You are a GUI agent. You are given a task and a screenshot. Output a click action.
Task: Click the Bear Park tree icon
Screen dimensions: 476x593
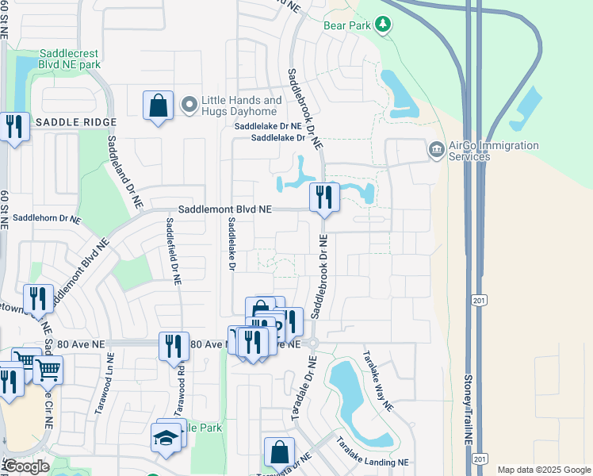pyautogui.click(x=384, y=25)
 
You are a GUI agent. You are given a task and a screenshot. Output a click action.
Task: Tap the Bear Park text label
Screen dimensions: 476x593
pyautogui.click(x=347, y=25)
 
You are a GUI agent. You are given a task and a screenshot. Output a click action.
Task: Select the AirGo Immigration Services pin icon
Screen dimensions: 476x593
pyautogui.click(x=436, y=149)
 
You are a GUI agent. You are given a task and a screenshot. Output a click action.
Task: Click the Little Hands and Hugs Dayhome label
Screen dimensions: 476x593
pyautogui.click(x=241, y=106)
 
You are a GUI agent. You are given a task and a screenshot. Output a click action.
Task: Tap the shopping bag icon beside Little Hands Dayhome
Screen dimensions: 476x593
pyautogui.click(x=158, y=106)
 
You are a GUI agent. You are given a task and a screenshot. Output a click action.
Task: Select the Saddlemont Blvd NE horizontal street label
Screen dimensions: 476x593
pyautogui.click(x=224, y=209)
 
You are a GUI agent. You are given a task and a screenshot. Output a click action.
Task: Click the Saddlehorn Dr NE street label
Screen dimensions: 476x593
pyautogui.click(x=47, y=217)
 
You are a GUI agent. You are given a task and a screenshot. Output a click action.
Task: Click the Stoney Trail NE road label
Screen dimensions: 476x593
pyautogui.click(x=469, y=409)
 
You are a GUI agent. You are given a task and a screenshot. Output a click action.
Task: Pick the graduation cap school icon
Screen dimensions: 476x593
pyautogui.click(x=166, y=438)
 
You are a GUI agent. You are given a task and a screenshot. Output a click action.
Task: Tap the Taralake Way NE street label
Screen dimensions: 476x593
pyautogui.click(x=377, y=380)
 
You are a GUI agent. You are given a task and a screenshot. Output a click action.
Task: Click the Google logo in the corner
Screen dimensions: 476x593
pyautogui.click(x=26, y=466)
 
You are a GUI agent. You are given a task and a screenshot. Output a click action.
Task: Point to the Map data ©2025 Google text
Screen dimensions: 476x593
pyautogui.click(x=543, y=470)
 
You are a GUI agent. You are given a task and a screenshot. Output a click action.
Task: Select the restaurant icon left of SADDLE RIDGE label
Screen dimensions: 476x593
pyautogui.click(x=13, y=126)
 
